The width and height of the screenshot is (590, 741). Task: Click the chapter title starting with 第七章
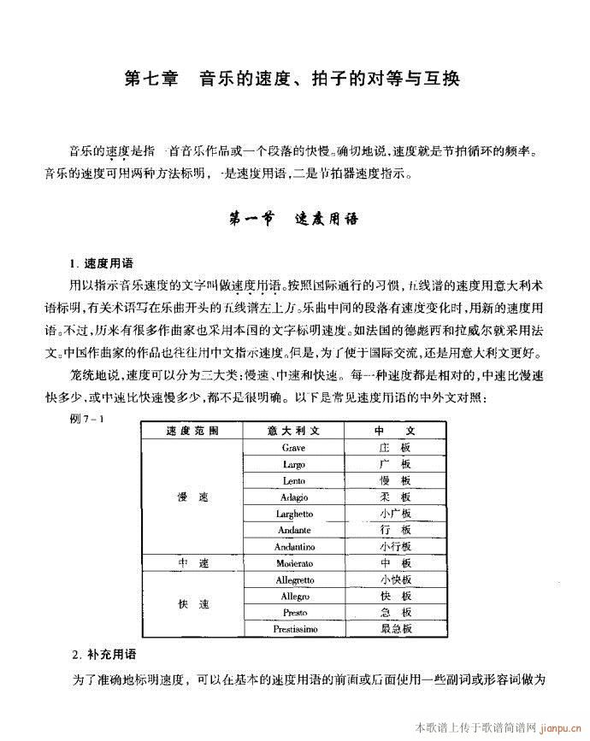tap(292, 79)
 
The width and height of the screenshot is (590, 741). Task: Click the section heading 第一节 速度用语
tap(292, 218)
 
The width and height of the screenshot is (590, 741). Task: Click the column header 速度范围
tap(192, 430)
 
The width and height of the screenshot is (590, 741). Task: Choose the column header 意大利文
tap(293, 430)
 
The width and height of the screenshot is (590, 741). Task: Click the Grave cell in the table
tap(293, 447)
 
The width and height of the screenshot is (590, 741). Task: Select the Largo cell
tap(293, 464)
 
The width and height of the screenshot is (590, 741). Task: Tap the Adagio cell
tap(293, 497)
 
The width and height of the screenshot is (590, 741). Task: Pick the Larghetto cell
tap(293, 513)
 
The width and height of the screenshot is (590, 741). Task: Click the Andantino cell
tap(294, 546)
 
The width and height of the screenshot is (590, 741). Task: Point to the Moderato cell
tap(294, 563)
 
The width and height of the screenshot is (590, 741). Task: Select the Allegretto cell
tap(294, 579)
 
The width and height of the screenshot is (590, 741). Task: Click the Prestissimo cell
tap(294, 629)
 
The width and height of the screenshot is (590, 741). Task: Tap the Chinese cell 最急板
tap(395, 629)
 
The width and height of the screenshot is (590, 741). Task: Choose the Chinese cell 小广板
tap(395, 513)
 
